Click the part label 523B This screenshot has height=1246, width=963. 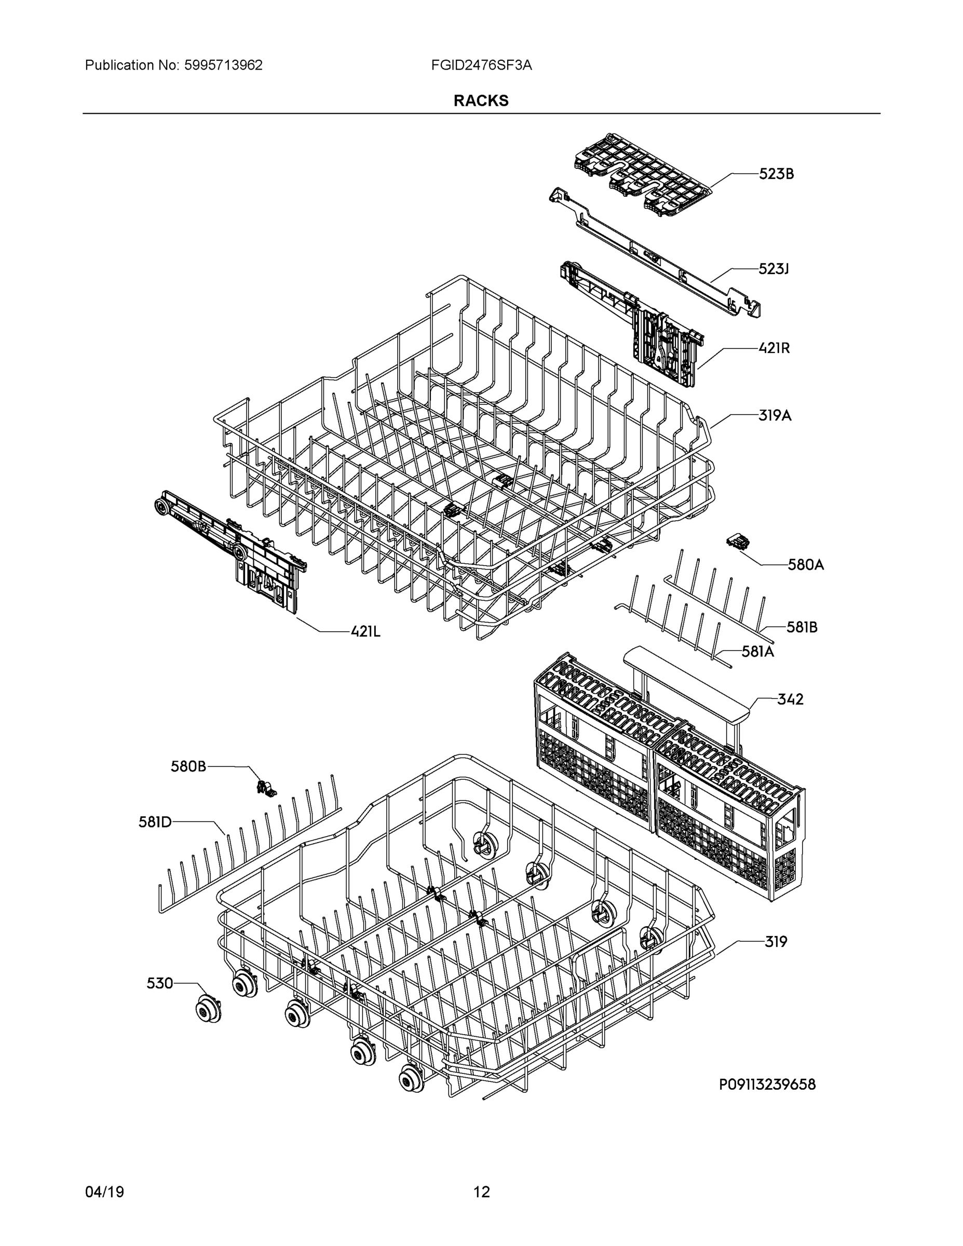coord(776,174)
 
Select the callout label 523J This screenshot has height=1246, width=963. coord(773,269)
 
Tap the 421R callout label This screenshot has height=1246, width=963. coord(774,348)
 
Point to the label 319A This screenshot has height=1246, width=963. coord(775,416)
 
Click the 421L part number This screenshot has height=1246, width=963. coord(365,631)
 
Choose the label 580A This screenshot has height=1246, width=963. coord(806,565)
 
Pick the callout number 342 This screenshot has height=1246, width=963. coord(790,699)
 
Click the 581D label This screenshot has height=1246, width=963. coord(155,822)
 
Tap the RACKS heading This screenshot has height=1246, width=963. coord(481,101)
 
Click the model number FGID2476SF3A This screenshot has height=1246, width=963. coord(482,65)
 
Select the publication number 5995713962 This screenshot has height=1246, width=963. coord(223,65)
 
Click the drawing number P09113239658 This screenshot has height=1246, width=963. coord(767,1085)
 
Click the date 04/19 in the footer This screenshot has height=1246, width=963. coord(104,1192)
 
